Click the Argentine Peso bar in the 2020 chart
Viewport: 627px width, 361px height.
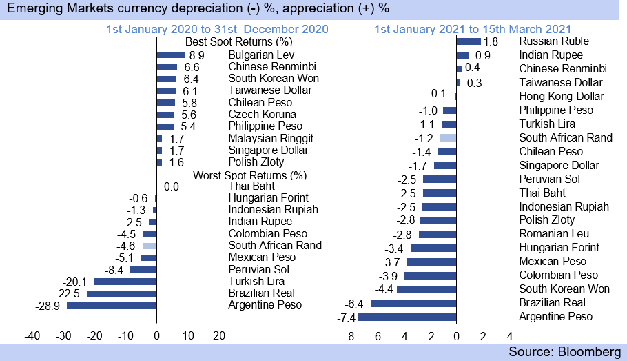coord(112,305)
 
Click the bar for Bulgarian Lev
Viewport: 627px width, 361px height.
coord(171,55)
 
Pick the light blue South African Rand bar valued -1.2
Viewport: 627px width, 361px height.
coord(448,137)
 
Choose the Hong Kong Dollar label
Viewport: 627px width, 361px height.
coord(561,97)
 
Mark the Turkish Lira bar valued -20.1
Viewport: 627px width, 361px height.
coord(125,282)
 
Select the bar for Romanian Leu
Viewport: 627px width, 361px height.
coord(438,234)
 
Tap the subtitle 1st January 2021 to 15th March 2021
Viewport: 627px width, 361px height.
coord(473,29)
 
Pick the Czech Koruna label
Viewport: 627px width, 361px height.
coord(263,114)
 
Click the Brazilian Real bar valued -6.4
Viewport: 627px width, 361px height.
coord(413,303)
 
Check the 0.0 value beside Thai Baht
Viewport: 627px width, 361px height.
coord(172,186)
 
